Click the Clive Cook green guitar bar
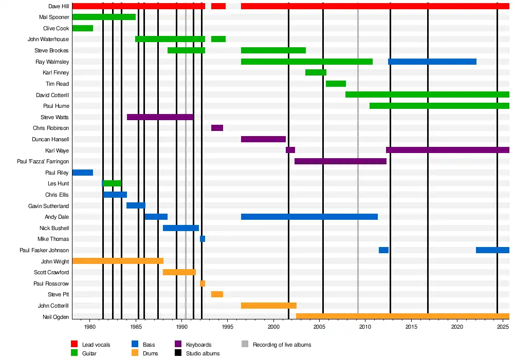(x=82, y=28)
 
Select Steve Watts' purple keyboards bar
(x=160, y=117)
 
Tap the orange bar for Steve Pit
(x=217, y=294)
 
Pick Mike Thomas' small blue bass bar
(x=203, y=239)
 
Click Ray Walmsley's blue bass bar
(x=432, y=62)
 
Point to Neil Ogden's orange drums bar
(x=402, y=316)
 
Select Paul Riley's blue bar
(x=82, y=173)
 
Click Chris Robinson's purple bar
(x=217, y=128)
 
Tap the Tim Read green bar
(x=336, y=84)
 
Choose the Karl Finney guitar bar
(x=316, y=72)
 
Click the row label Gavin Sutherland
(x=48, y=206)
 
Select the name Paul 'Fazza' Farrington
(x=43, y=162)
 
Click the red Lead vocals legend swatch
(x=74, y=345)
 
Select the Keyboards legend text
(x=198, y=345)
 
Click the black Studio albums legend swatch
(x=178, y=353)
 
